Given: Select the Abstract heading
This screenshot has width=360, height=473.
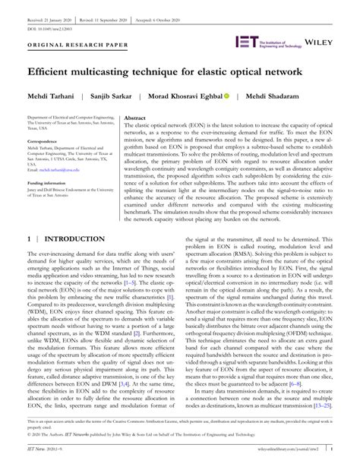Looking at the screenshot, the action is click(x=134, y=119).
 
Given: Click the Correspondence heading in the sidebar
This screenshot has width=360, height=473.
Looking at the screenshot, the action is click(x=46, y=142).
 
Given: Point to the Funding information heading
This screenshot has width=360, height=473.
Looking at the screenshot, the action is click(x=50, y=183).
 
